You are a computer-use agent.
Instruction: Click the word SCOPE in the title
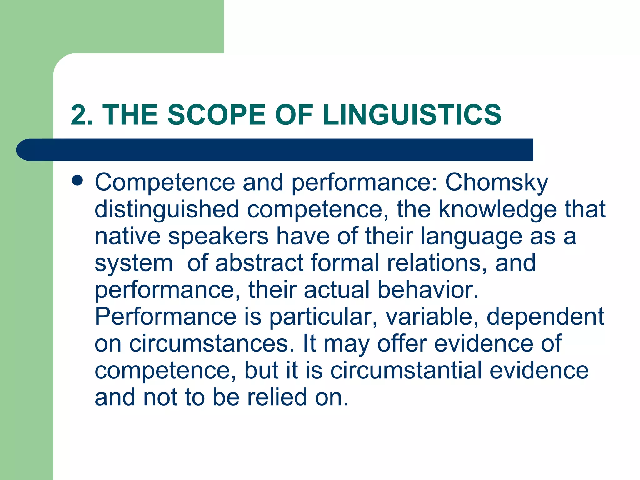pyautogui.click(x=216, y=115)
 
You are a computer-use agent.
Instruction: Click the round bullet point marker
pyautogui.click(x=77, y=181)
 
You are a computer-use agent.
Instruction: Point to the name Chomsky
pyautogui.click(x=497, y=182)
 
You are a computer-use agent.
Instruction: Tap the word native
pyautogui.click(x=127, y=236)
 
